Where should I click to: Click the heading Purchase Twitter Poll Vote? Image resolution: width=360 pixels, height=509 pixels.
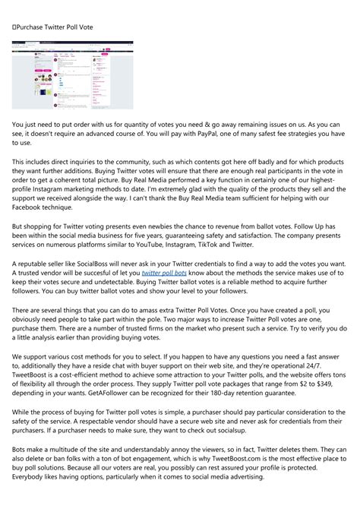52,28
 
